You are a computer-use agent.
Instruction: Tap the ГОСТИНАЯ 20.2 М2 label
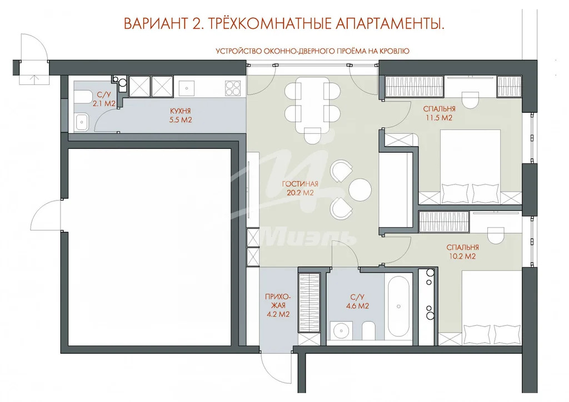tap(300, 189)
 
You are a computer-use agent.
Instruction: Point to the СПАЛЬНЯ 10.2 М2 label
tap(462, 252)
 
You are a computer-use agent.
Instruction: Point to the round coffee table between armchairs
tap(360, 189)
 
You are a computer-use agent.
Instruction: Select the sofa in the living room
tap(395, 192)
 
